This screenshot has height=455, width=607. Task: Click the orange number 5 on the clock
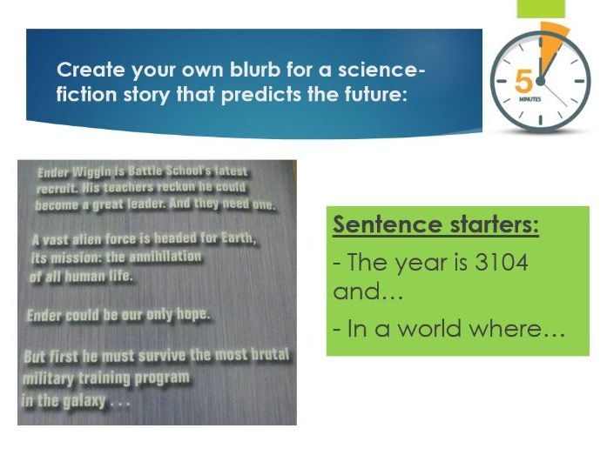[x=523, y=82]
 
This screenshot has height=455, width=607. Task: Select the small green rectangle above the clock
[x=541, y=9]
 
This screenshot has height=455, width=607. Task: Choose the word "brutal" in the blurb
[x=266, y=355]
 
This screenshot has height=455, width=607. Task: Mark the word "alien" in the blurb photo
[x=96, y=238]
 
